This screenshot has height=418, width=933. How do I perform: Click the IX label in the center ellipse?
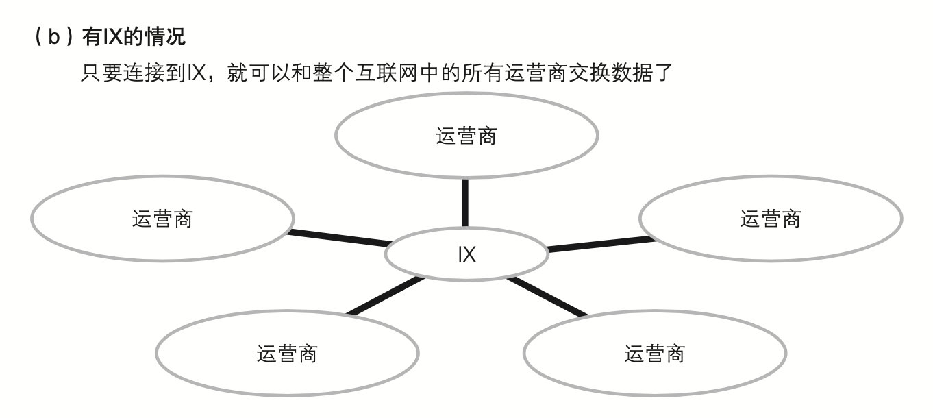click(466, 255)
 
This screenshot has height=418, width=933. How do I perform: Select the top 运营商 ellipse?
click(466, 136)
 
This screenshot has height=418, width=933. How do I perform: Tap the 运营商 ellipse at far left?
click(162, 219)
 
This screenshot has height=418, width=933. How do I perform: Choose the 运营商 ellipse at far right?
click(771, 219)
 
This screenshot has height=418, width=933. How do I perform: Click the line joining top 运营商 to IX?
click(466, 202)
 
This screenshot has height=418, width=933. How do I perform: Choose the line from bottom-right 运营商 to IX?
click(548, 297)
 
